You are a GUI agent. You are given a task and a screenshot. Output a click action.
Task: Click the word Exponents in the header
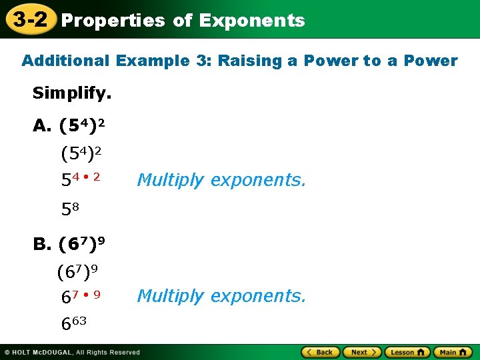pyautogui.click(x=252, y=21)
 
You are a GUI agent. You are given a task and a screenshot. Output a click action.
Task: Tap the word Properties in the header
pyautogui.click(x=113, y=21)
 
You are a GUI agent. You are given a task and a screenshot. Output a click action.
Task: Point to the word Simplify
pyautogui.click(x=72, y=93)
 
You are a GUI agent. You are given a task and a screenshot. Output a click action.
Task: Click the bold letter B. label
pyautogui.click(x=42, y=244)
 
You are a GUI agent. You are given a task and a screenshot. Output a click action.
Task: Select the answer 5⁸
pyautogui.click(x=70, y=209)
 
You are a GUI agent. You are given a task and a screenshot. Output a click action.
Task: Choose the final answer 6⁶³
pyautogui.click(x=74, y=323)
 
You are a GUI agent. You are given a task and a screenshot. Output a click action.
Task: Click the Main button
pyautogui.click(x=453, y=352)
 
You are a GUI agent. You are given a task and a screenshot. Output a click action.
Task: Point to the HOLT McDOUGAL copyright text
pyautogui.click(x=72, y=352)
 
